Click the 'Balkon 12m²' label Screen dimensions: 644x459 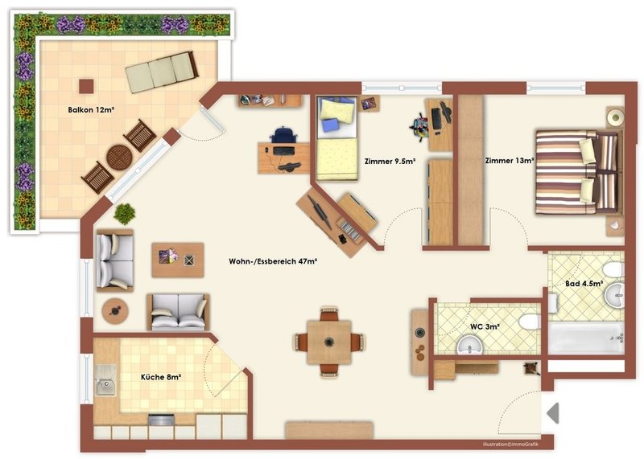91,110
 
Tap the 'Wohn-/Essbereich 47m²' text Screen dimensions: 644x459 273,261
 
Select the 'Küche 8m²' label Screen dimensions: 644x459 161,377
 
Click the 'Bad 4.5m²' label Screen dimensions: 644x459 584,284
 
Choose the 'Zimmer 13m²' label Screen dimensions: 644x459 510,161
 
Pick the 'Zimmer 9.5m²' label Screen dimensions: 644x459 390,162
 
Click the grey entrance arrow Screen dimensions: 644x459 553,413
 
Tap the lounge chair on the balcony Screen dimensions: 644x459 162,72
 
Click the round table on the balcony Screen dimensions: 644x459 119,157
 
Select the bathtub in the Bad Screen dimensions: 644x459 587,338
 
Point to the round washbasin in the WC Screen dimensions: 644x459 470,346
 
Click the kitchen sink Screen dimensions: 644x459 105,380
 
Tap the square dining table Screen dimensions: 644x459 329,342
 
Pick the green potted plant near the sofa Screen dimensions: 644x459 125,214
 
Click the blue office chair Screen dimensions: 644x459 283,135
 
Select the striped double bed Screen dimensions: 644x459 577,172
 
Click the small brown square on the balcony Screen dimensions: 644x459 86,86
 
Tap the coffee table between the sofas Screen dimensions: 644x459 178,260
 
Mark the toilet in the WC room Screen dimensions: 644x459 529,322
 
